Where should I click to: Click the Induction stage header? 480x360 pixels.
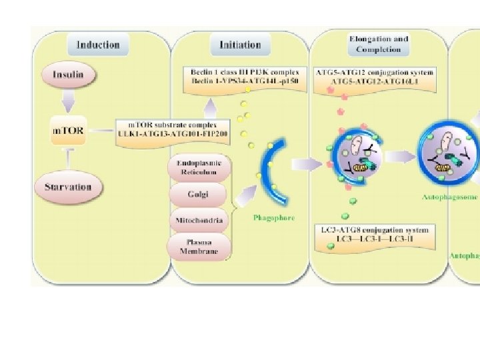coord(99,45)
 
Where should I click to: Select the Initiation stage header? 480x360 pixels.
coord(240,45)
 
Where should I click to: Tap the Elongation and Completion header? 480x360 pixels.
coord(378,44)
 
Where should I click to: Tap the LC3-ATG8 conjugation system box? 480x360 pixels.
coord(374,234)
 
